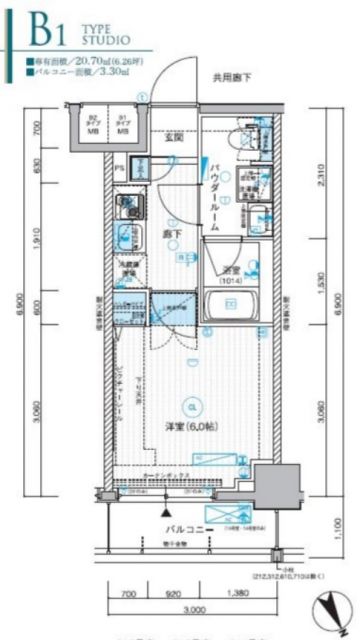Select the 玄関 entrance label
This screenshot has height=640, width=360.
click(x=174, y=138)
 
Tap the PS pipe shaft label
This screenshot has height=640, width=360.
click(x=118, y=169)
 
